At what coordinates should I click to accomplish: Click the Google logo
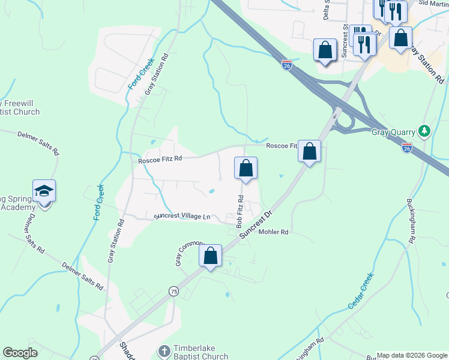coord(20,353)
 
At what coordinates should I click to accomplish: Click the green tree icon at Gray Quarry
coord(425,130)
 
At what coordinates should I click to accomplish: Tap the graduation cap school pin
coord(44,191)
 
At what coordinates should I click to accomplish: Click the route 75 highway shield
coord(173,291)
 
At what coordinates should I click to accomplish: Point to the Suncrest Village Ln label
coord(182,216)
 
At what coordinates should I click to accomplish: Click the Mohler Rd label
coord(273,232)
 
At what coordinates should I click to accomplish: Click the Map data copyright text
coord(412,355)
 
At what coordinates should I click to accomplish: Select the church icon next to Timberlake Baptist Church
coord(164,349)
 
